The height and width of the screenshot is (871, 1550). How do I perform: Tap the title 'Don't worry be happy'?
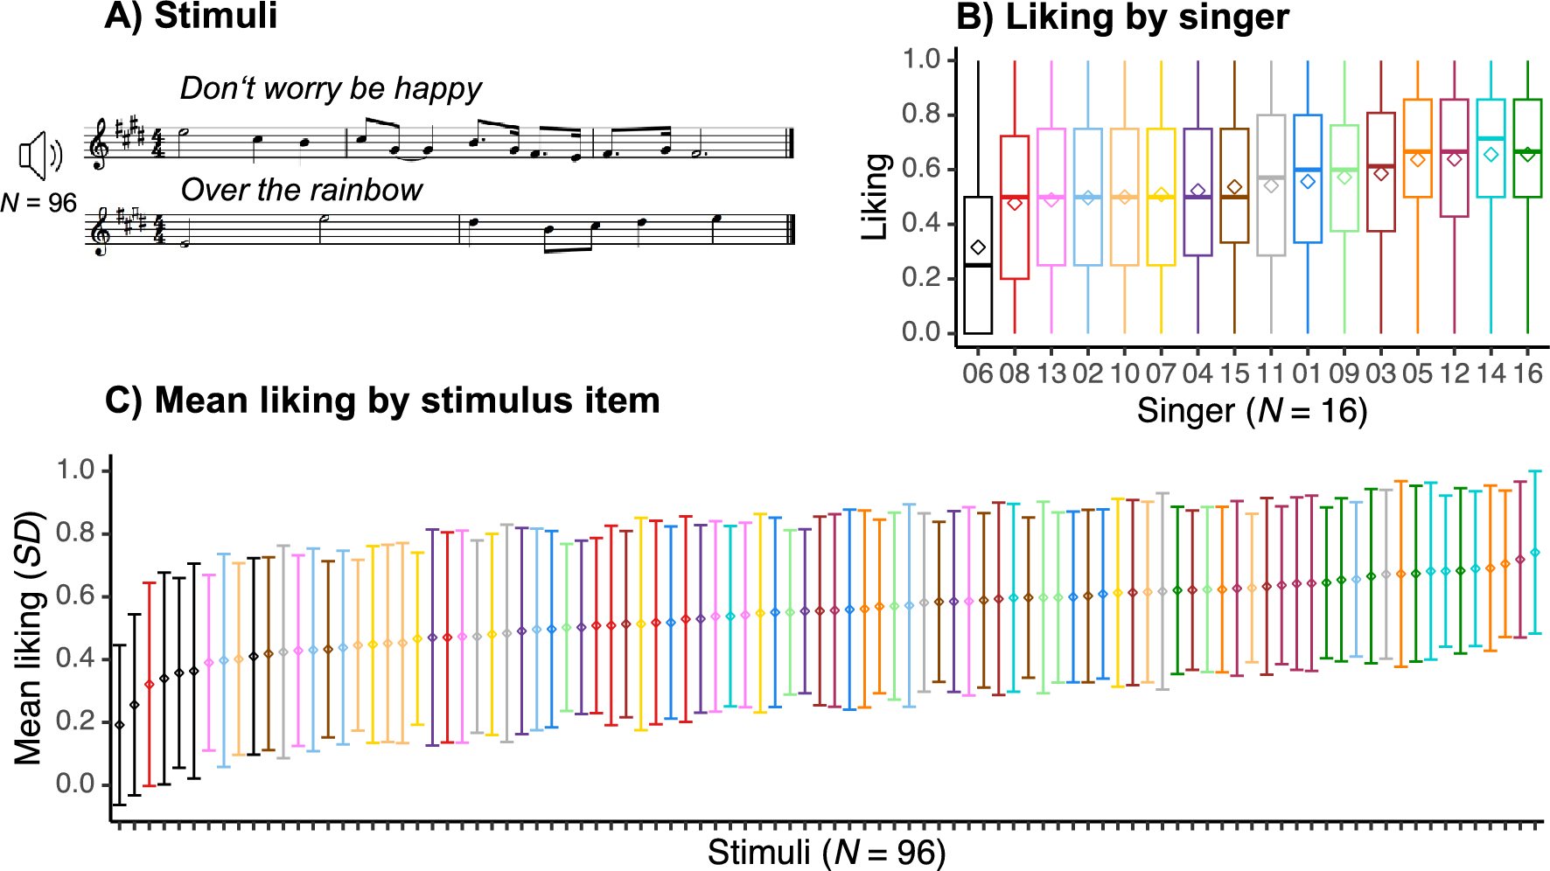pyautogui.click(x=330, y=88)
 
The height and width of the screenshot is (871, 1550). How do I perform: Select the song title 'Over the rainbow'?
pyautogui.click(x=301, y=190)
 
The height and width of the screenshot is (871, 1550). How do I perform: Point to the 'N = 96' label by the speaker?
pyautogui.click(x=38, y=203)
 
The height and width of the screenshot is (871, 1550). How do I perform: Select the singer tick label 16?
pyautogui.click(x=1527, y=374)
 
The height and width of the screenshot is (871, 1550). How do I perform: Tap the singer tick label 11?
pyautogui.click(x=1271, y=374)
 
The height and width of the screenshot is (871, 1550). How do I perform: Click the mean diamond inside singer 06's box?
pyautogui.click(x=978, y=248)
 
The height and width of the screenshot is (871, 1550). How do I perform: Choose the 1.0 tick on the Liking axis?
pyautogui.click(x=921, y=59)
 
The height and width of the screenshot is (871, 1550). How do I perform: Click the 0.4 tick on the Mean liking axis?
pyautogui.click(x=75, y=658)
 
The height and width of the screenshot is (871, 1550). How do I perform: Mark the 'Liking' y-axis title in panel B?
pyautogui.click(x=876, y=197)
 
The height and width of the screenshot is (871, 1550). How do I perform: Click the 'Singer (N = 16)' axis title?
pyautogui.click(x=1252, y=411)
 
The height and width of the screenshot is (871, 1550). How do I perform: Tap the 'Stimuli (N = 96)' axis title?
pyautogui.click(x=827, y=852)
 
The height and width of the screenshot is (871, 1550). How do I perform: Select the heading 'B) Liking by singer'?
pyautogui.click(x=1122, y=17)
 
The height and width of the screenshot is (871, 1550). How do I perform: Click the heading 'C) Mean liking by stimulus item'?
pyautogui.click(x=382, y=401)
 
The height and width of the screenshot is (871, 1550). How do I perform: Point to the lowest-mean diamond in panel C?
pyautogui.click(x=120, y=725)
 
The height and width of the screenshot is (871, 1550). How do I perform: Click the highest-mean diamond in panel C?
pyautogui.click(x=1535, y=553)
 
